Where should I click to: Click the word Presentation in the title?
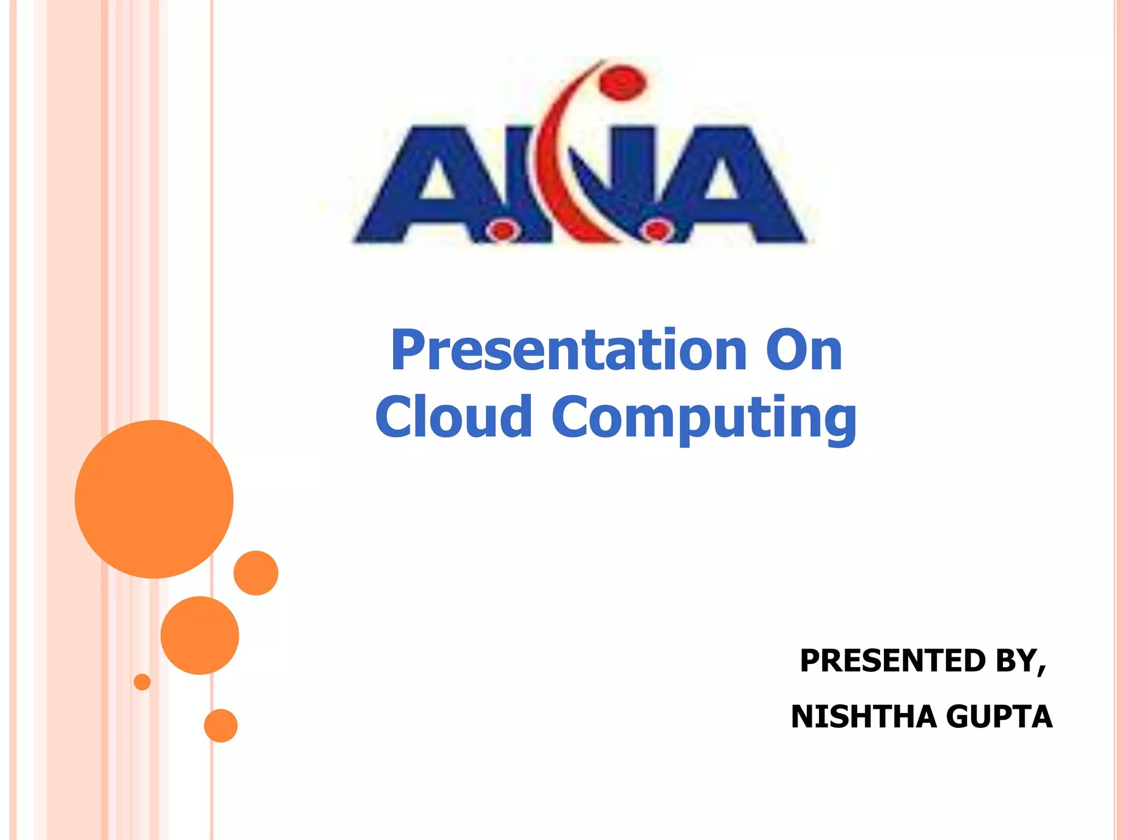(569, 351)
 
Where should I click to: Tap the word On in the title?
(804, 351)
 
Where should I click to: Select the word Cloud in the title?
(454, 417)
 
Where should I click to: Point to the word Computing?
(704, 418)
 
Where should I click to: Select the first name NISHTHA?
(864, 717)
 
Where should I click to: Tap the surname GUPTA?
(999, 717)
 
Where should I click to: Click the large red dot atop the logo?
(622, 83)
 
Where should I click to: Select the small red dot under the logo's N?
(656, 230)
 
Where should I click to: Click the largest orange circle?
(154, 499)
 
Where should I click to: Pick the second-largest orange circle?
(200, 635)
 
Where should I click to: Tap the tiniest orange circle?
(142, 682)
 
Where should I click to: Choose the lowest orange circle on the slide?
(221, 726)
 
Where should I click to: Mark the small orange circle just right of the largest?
(256, 573)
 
